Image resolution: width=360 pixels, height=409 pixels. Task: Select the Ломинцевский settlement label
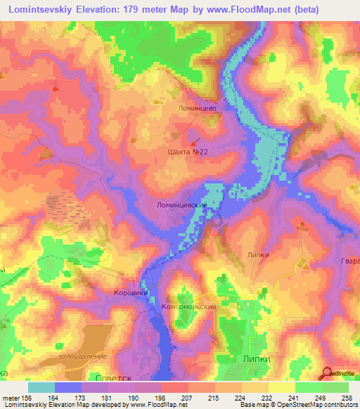pyautogui.click(x=181, y=206)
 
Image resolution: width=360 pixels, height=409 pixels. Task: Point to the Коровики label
pyautogui.click(x=129, y=292)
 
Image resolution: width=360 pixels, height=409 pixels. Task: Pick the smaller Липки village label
pyautogui.click(x=259, y=255)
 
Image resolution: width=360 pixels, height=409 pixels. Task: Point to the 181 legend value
pyautogui.click(x=104, y=398)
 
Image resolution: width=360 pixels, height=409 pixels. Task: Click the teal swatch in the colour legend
pyautogui.click(x=41, y=387)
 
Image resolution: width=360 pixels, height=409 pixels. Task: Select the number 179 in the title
pyautogui.click(x=126, y=10)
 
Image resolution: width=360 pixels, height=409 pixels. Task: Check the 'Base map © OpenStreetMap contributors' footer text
pyautogui.click(x=299, y=405)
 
